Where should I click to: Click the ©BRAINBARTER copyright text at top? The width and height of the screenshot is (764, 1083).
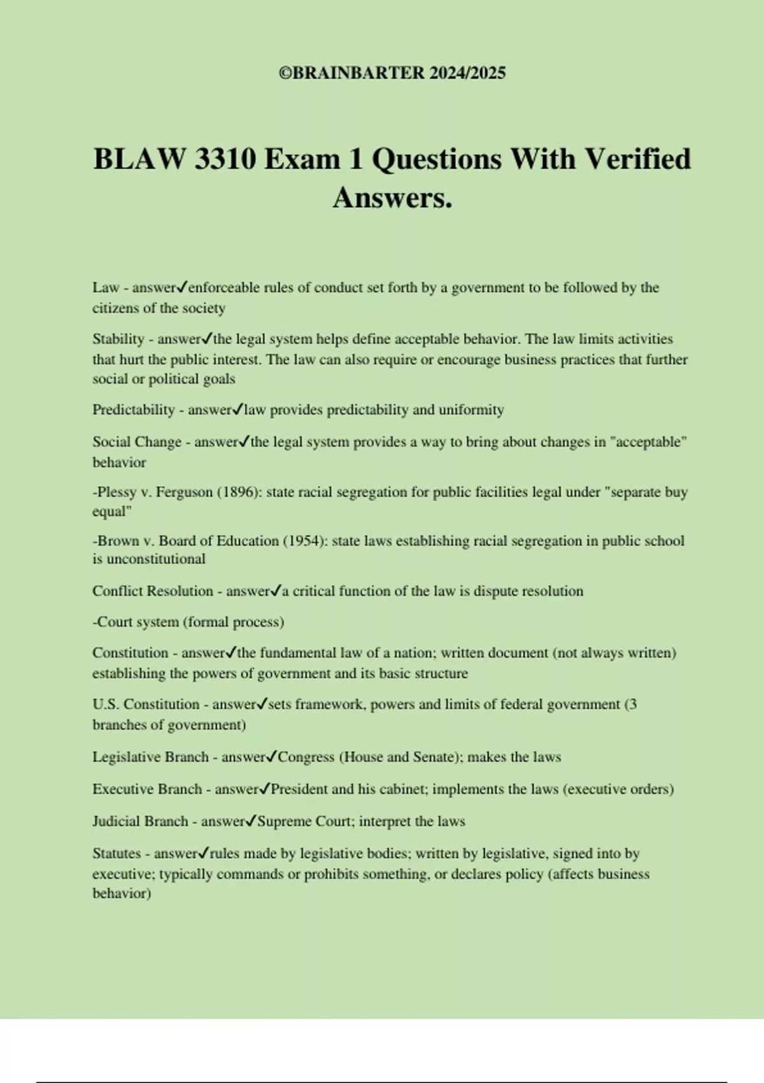pyautogui.click(x=392, y=73)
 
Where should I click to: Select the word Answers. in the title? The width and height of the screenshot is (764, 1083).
pyautogui.click(x=392, y=197)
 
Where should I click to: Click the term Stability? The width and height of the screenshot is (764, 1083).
pyautogui.click(x=118, y=339)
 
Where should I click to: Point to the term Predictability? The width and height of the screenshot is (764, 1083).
pyautogui.click(x=134, y=410)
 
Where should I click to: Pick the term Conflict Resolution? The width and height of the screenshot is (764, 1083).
pyautogui.click(x=153, y=591)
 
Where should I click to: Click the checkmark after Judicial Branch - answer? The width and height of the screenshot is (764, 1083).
pyautogui.click(x=251, y=821)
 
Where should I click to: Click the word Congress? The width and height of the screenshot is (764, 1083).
pyautogui.click(x=306, y=757)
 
